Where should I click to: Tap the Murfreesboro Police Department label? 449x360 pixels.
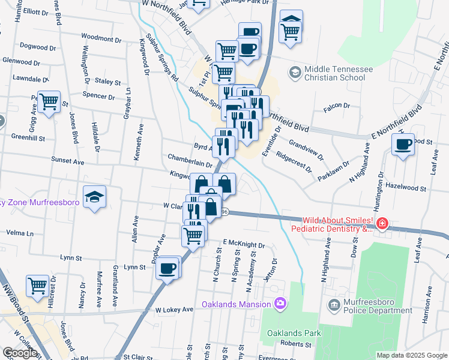click(x=376, y=306)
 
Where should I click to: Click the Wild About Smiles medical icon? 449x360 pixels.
click(x=382, y=224)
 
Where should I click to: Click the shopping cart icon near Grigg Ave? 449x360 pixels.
click(x=49, y=101)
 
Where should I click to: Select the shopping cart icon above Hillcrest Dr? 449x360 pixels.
click(x=38, y=285)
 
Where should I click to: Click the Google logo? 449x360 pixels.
click(x=20, y=353)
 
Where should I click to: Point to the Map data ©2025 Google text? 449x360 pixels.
click(x=411, y=355)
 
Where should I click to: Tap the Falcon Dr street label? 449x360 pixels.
click(x=336, y=106)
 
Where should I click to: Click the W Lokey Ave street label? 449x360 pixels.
click(x=174, y=310)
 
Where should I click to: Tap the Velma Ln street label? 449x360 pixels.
click(x=20, y=232)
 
